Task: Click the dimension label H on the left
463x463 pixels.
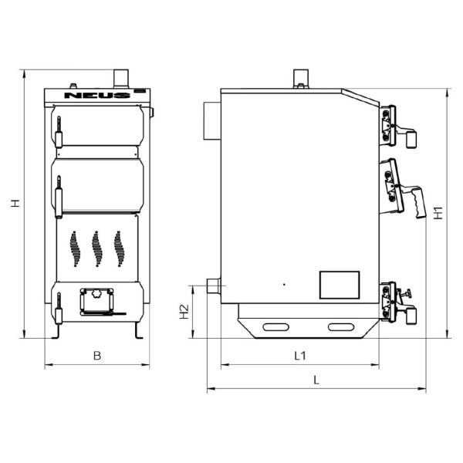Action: point(15,203)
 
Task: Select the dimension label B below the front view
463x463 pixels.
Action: point(97,356)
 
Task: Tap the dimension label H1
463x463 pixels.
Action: point(438,213)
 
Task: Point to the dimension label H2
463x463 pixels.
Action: point(184,312)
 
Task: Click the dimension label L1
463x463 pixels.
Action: point(300,356)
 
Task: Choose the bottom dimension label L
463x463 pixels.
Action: point(316,380)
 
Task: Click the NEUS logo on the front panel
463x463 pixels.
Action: point(97,95)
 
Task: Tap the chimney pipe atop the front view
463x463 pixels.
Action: point(121,79)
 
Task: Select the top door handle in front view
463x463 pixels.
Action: point(59,132)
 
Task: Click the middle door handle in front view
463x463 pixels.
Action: point(59,197)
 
